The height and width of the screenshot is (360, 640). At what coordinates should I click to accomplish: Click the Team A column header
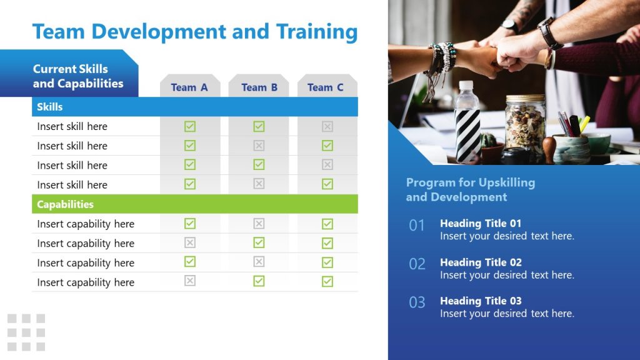(x=189, y=87)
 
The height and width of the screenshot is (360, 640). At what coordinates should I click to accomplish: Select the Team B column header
(x=259, y=87)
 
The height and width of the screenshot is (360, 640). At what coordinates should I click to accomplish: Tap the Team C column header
(x=326, y=87)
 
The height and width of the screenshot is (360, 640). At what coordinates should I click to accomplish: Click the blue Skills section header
(x=194, y=107)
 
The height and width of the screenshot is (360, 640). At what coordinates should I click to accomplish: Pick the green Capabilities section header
(x=194, y=204)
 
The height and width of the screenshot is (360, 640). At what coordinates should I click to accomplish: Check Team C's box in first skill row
(x=327, y=126)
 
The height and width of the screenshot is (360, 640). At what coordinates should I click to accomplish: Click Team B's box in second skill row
(x=259, y=146)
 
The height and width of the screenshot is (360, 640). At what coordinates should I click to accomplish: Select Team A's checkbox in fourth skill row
(x=190, y=184)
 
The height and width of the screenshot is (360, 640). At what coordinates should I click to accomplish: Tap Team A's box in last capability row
(x=190, y=281)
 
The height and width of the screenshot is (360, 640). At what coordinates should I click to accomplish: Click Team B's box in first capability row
(x=259, y=224)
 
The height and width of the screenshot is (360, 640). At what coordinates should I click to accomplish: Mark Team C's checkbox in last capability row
(x=327, y=281)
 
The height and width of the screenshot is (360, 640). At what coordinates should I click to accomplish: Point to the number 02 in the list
(x=417, y=264)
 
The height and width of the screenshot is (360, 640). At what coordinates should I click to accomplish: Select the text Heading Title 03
(x=480, y=301)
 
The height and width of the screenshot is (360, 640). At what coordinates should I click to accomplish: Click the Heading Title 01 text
(x=480, y=223)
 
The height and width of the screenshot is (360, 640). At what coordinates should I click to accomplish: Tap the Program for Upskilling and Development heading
(x=470, y=189)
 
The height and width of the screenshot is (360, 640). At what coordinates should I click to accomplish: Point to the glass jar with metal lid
(x=525, y=125)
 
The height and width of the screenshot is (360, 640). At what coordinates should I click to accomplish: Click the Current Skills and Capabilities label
(x=78, y=76)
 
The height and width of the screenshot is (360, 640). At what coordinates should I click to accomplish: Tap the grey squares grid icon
(x=26, y=332)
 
